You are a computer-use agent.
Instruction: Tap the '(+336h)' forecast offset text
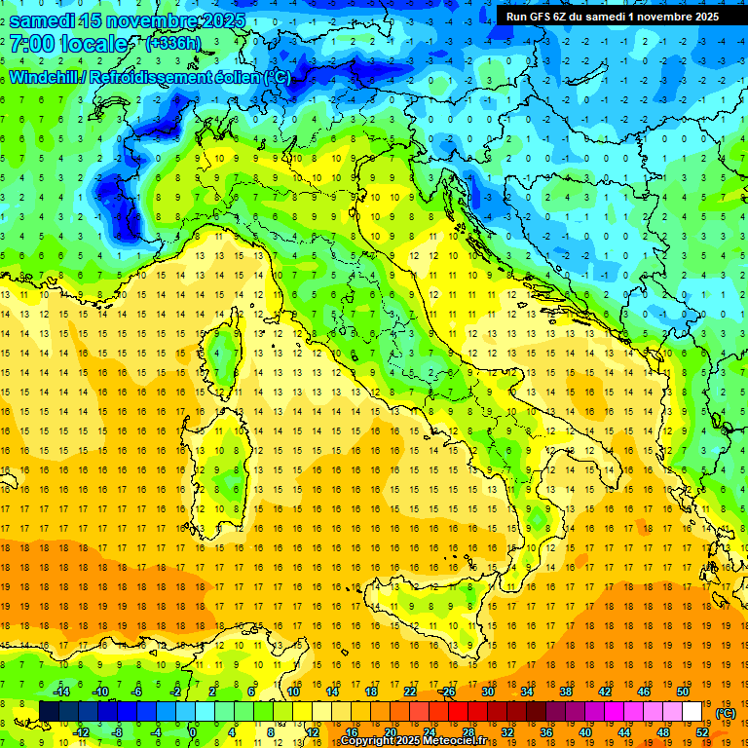(172, 44)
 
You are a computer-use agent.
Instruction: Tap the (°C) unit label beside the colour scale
(725, 713)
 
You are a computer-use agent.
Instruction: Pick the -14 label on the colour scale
(61, 692)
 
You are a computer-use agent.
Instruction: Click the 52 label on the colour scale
(701, 731)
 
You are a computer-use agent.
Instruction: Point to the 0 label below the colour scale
(193, 731)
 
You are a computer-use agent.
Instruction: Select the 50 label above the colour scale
(683, 692)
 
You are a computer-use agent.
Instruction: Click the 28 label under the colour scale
(468, 731)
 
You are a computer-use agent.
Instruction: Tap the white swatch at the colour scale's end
(692, 711)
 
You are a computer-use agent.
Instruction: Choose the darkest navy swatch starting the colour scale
(49, 711)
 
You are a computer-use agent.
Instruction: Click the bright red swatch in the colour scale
(458, 711)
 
